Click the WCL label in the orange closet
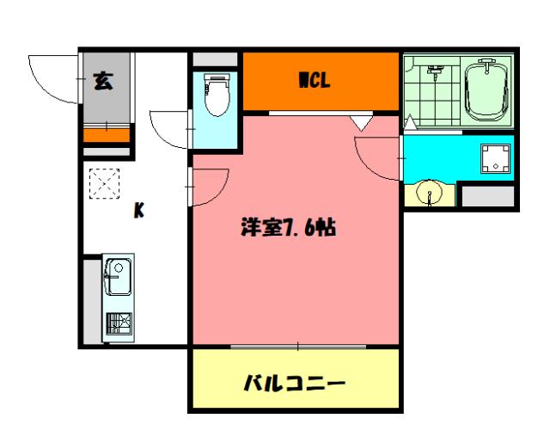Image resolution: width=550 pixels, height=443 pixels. (x=315, y=82)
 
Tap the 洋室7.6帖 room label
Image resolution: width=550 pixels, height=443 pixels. (x=288, y=229)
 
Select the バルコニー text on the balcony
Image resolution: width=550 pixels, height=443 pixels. (x=295, y=381)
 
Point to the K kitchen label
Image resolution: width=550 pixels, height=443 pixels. (x=137, y=211)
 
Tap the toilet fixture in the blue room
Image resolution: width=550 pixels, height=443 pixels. (x=216, y=96)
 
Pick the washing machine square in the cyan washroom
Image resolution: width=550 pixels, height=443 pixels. (x=494, y=158)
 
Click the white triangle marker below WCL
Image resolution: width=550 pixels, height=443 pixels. (x=363, y=124)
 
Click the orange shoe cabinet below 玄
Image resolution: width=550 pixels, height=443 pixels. (x=107, y=133)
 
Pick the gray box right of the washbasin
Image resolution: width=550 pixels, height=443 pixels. (x=486, y=196)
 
